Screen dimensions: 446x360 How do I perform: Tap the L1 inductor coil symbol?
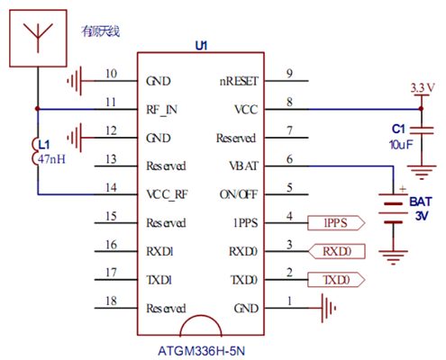(x=35, y=151)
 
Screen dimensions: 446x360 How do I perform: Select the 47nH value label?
(x=51, y=159)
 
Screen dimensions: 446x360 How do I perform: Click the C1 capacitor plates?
(x=422, y=130)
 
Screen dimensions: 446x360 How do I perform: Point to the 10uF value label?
(x=401, y=145)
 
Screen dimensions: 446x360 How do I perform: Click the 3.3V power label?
(x=423, y=88)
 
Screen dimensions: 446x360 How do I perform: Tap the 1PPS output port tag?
(x=336, y=223)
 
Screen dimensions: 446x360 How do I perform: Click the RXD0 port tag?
(x=337, y=251)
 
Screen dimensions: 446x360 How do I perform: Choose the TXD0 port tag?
(x=336, y=280)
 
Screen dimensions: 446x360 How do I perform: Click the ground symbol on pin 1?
(x=329, y=308)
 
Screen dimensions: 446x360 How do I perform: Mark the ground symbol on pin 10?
(x=75, y=81)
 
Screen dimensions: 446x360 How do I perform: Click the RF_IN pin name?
(x=161, y=110)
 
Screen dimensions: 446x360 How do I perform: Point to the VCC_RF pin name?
(x=167, y=195)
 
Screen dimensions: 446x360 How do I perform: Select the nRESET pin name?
(x=239, y=81)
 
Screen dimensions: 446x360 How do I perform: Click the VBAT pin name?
(x=243, y=166)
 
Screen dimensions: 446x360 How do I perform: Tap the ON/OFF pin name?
(x=239, y=194)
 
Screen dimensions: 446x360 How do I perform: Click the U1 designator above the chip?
(x=201, y=46)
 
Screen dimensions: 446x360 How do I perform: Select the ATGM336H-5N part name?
(x=201, y=351)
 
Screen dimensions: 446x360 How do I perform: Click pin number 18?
(x=111, y=301)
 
